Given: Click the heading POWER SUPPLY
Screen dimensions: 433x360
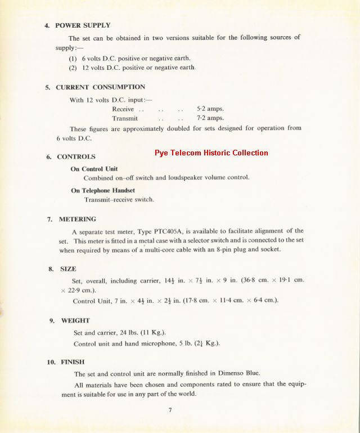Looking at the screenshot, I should pos(82,25).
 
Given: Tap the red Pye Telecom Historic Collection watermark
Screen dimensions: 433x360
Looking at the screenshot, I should pos(211,153).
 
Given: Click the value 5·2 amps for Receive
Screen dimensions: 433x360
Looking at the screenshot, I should pos(210,109).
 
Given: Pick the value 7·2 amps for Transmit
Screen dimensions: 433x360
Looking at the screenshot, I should pos(210,118).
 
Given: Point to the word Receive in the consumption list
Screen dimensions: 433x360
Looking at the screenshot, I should pos(123,109).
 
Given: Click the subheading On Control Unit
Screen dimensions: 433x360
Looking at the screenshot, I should pos(94,169).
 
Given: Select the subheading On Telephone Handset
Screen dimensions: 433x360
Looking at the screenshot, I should pos(103,190).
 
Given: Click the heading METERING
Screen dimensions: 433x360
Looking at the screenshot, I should pos(78,219).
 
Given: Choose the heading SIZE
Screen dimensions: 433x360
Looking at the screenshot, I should pos(68,269).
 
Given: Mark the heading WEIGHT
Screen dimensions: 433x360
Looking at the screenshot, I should pos(75,320).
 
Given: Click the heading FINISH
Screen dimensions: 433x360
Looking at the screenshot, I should pos(73,362).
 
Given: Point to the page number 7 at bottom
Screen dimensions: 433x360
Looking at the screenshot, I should pos(170,410).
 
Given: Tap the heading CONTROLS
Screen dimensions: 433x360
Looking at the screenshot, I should pos(76,157).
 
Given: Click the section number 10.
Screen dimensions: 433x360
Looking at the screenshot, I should pos(51,362).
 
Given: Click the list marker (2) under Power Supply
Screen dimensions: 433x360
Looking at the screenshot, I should pos(73,68).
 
